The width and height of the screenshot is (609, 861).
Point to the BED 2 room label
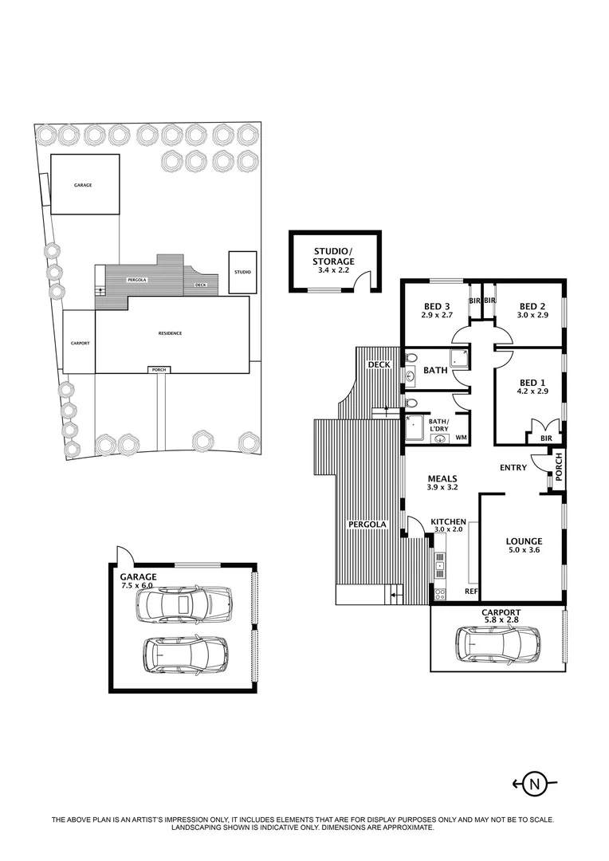pos(532,306)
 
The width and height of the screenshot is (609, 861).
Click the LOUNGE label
pos(524,541)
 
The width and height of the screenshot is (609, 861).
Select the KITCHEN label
pos(448,521)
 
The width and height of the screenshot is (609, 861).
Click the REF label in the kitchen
pos(471,591)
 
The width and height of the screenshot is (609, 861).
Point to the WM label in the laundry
pos(461,438)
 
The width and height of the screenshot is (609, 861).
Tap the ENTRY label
pos(513,467)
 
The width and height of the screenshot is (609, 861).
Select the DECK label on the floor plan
pos(379,364)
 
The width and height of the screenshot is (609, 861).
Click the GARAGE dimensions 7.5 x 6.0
pos(136,585)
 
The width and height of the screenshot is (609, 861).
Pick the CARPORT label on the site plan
pos(80,343)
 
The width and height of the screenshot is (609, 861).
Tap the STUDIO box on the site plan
pos(242,272)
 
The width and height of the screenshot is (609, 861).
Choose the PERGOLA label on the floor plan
pos(367,524)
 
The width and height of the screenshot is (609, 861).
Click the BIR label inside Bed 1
pos(547,438)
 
